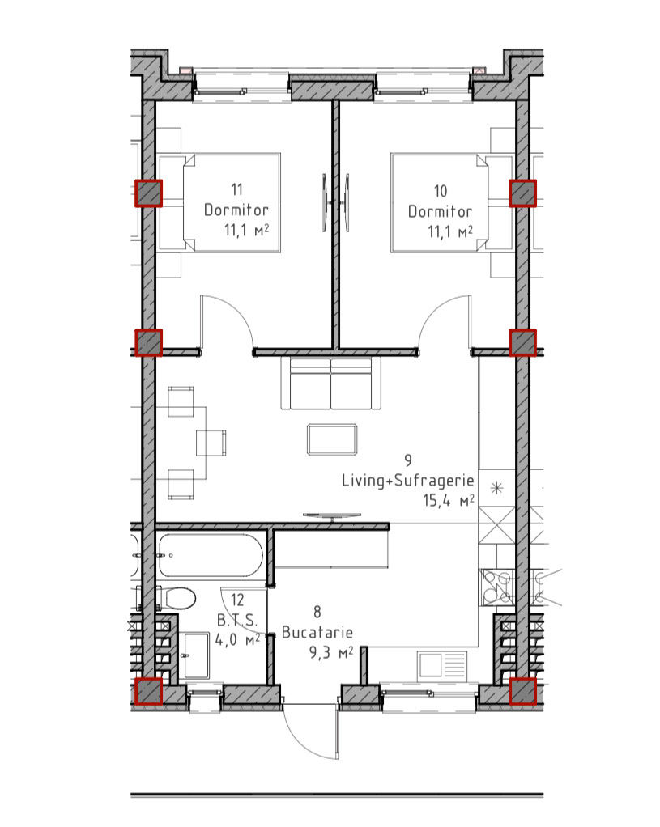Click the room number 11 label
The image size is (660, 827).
pos(236,189)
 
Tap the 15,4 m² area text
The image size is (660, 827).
pos(449,500)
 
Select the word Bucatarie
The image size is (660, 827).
pos(317,632)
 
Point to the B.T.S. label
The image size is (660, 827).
pos(237,620)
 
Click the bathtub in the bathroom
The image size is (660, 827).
pos(211,555)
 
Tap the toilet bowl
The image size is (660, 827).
pos(180,599)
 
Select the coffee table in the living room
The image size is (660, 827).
pos(331,439)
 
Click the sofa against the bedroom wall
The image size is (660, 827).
pos(331,384)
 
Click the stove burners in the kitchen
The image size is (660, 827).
pos(496,587)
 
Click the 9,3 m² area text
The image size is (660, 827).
pos(331,653)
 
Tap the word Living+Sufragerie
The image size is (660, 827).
pos(407,481)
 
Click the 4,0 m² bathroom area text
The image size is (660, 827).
pos(237,640)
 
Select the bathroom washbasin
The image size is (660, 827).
pos(196,655)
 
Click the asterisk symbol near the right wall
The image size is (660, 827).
pos(496,488)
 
